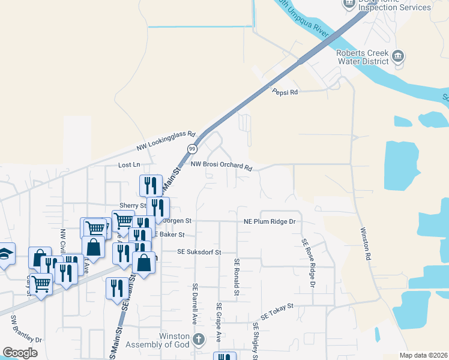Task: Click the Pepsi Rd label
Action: click(285, 92)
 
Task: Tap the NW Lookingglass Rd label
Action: click(166, 141)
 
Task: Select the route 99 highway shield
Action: click(192, 148)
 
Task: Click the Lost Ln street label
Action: click(129, 164)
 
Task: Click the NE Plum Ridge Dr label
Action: click(270, 221)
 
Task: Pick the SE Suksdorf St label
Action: click(199, 253)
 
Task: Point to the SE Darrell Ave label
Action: click(194, 304)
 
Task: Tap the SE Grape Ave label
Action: click(219, 323)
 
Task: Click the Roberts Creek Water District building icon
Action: click(397, 58)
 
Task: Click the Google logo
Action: click(20, 353)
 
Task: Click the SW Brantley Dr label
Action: click(27, 328)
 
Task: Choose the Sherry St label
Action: click(133, 205)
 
